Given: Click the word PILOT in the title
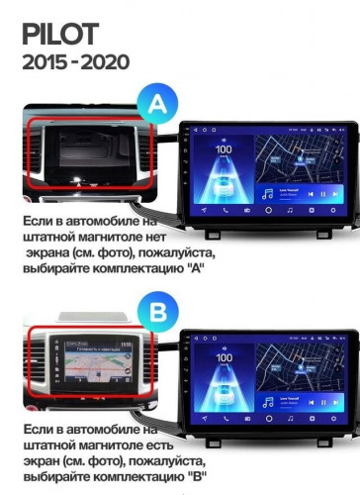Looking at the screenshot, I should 60,35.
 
